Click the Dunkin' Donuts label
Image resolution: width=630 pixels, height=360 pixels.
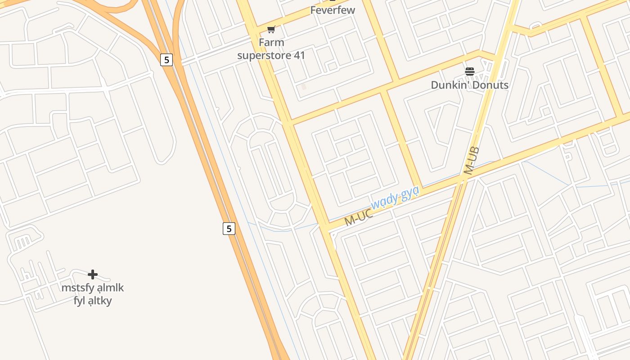tap(469, 85)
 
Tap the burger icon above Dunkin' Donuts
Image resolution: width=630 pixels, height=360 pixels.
tap(470, 72)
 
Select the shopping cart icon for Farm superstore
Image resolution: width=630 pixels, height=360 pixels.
tap(271, 30)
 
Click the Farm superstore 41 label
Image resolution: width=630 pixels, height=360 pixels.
tap(271, 49)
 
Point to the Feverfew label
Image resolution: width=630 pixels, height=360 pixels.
tap(333, 10)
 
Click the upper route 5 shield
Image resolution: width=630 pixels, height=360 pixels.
tap(166, 60)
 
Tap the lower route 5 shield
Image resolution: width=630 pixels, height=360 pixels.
tap(229, 229)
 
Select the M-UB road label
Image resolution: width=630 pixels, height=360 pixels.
tap(472, 161)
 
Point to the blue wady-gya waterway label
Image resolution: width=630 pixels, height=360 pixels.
tap(395, 197)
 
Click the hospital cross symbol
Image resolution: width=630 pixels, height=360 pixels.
tap(93, 274)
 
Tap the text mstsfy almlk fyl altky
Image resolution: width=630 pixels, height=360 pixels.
tap(93, 294)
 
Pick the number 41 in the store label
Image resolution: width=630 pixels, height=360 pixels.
tap(299, 56)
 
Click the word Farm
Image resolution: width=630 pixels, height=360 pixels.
tap(271, 43)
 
